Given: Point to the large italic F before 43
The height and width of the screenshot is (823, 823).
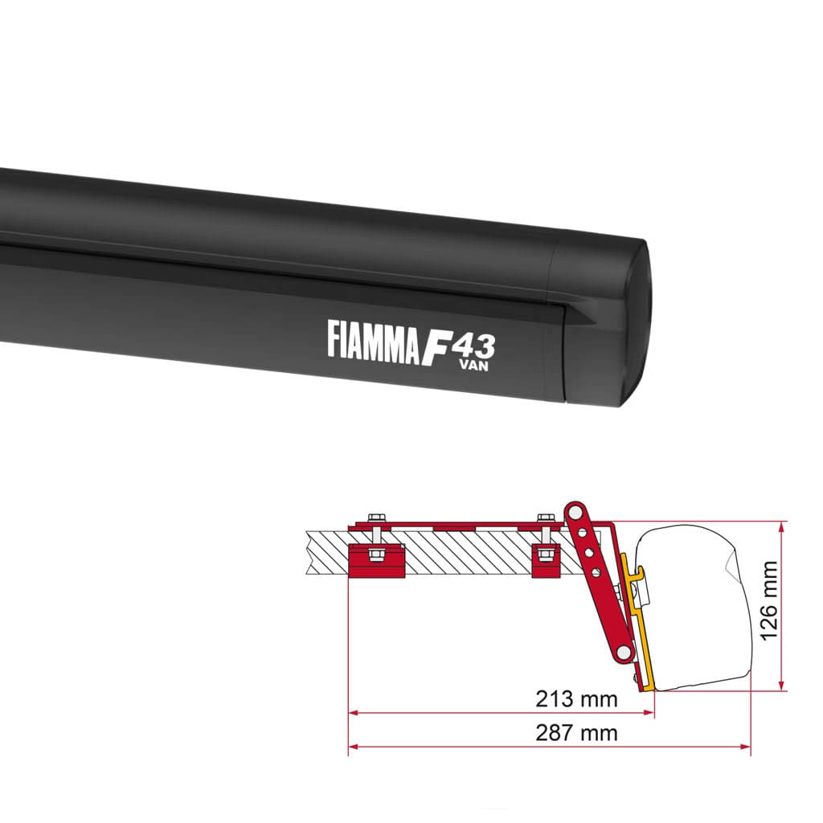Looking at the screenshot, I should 432,344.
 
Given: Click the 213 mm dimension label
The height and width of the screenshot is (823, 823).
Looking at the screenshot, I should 576,699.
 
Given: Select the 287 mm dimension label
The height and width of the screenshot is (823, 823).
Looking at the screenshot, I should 576,733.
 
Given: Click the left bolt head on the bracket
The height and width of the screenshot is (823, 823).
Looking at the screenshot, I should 375,516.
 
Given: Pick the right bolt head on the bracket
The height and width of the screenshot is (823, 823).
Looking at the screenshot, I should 546,516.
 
